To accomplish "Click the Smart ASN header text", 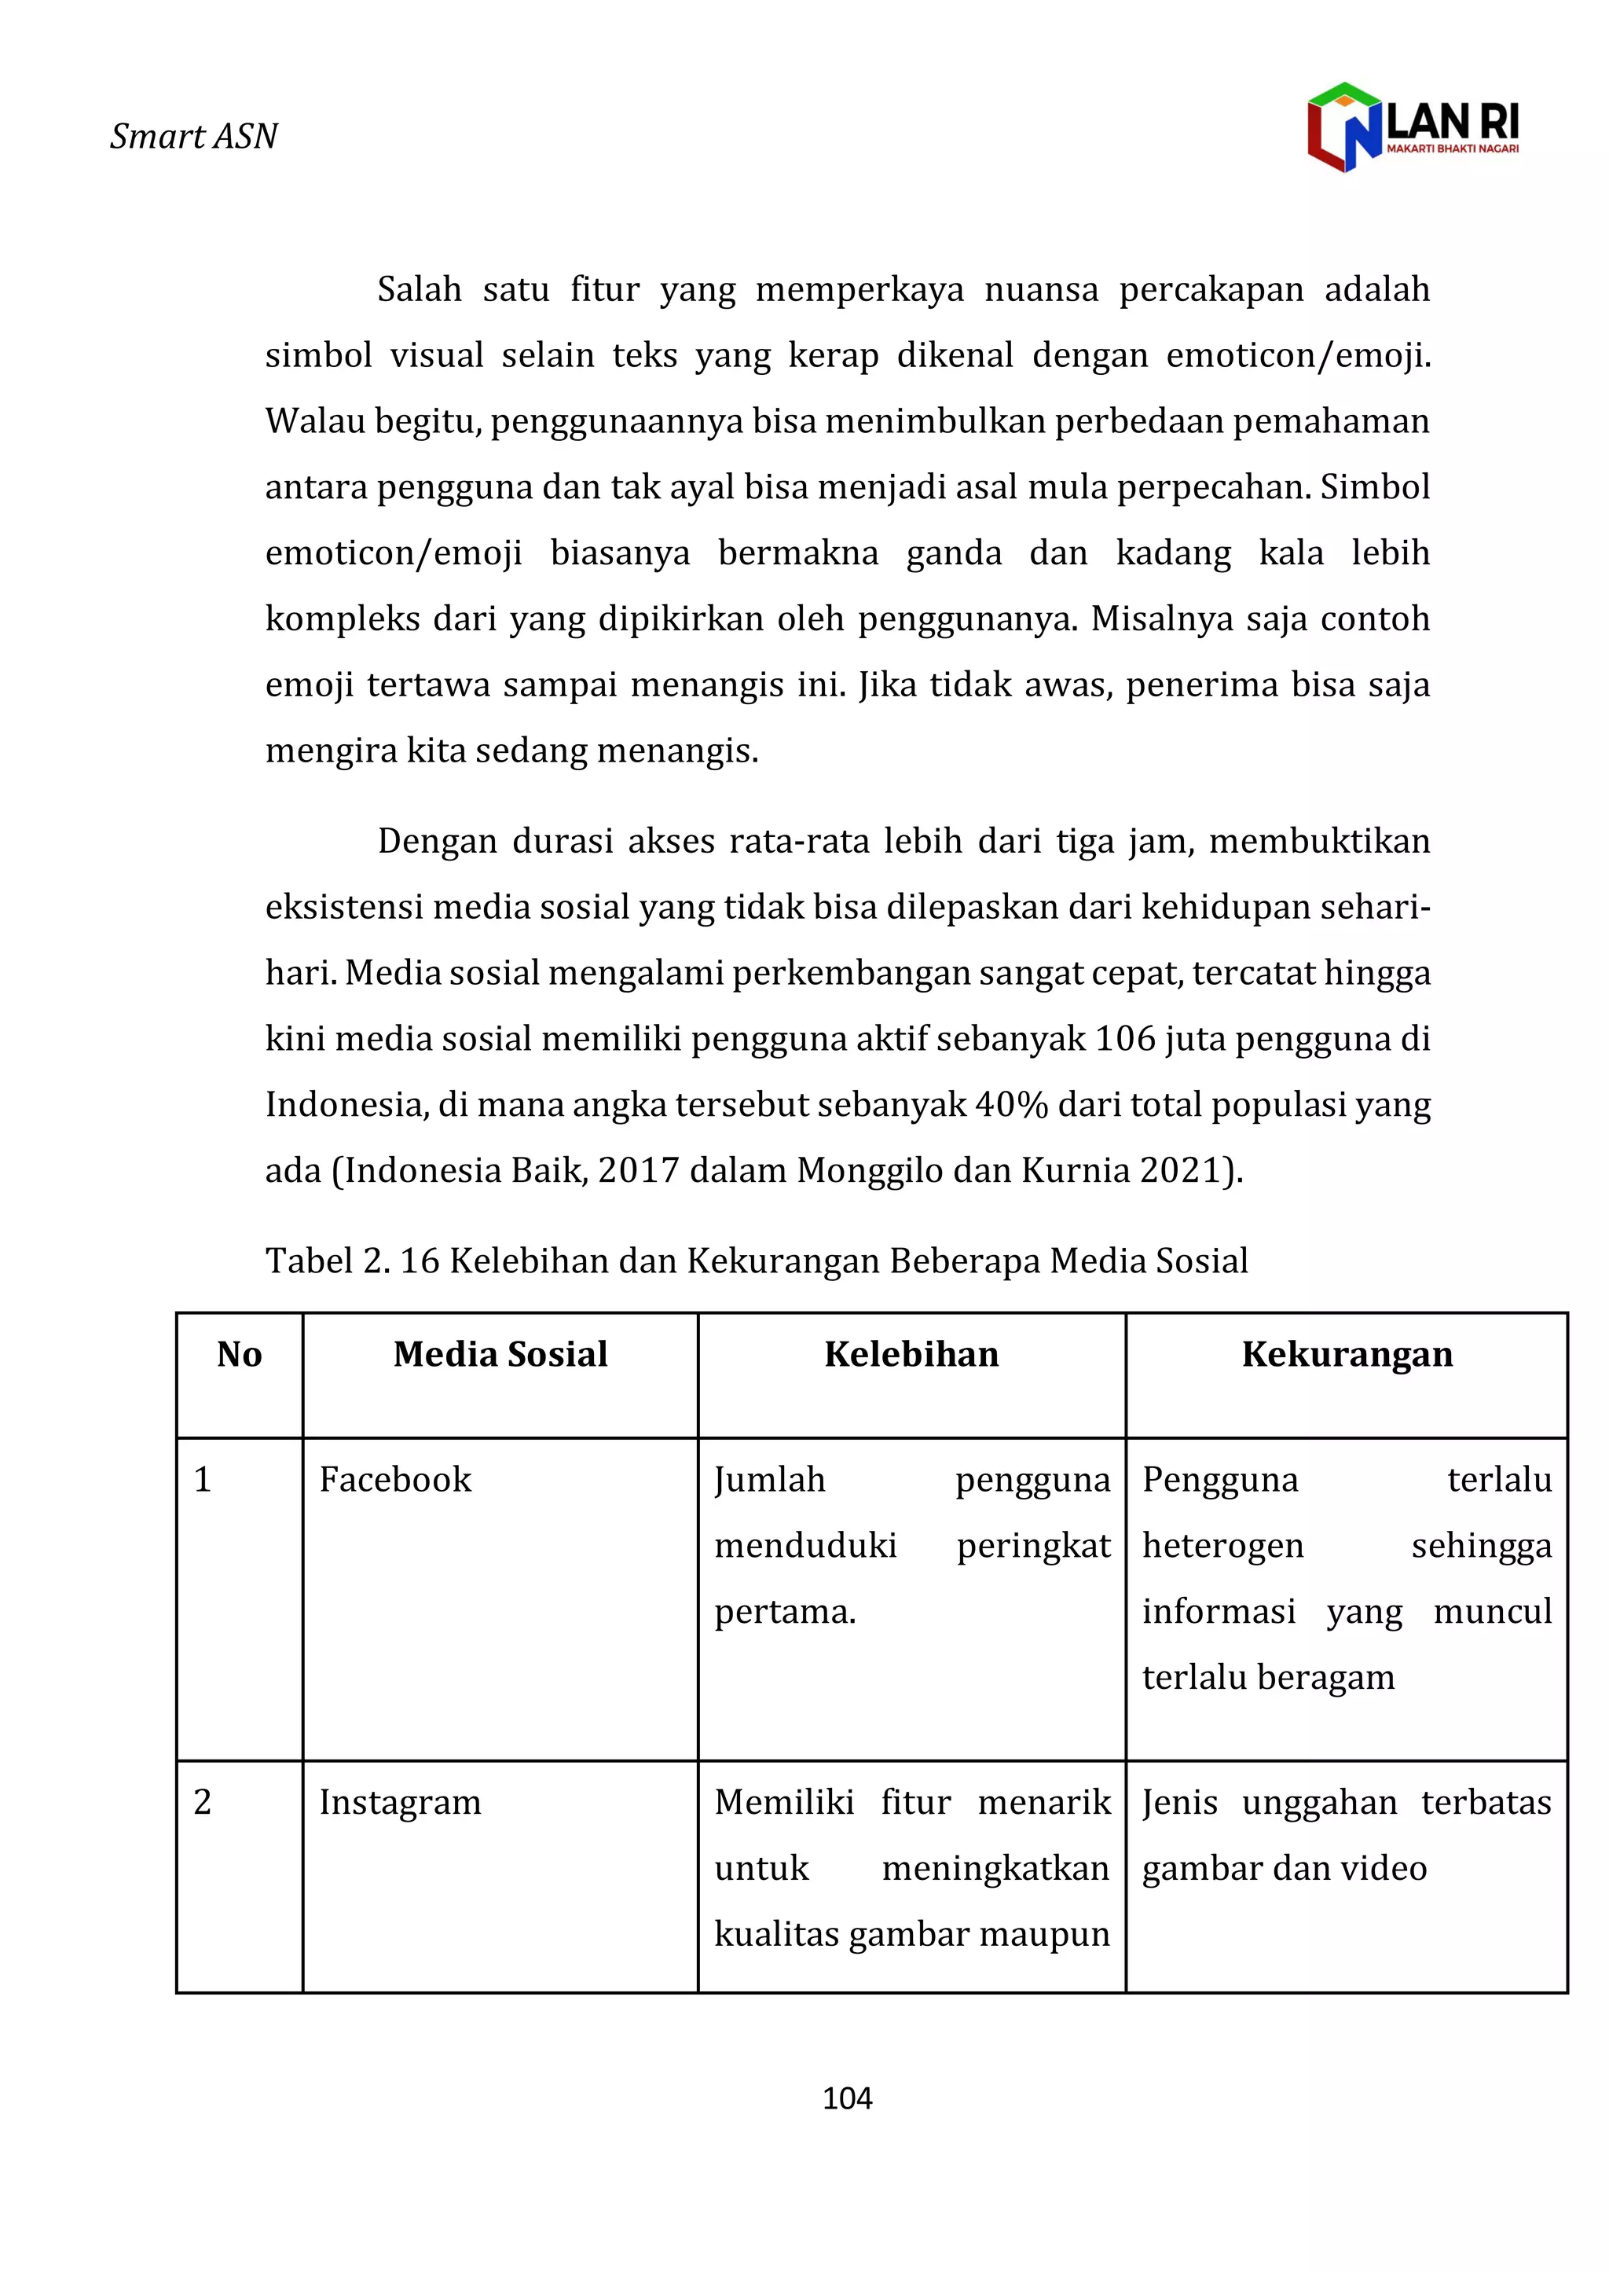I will click(x=193, y=136).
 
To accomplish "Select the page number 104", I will click(x=847, y=2098).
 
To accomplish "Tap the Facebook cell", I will click(x=395, y=1479).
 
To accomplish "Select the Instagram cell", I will click(x=399, y=1801).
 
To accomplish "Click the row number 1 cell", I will click(x=203, y=1479).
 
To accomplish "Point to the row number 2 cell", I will click(x=203, y=1801).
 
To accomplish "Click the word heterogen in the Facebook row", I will click(x=1222, y=1546).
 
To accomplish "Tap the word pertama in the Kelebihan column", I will click(x=784, y=1611).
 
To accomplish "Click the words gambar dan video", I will click(x=1284, y=1868).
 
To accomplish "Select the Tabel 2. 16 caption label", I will click(x=352, y=1261).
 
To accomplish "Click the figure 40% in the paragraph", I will click(x=1010, y=1104).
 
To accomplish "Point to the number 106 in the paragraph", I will click(x=1126, y=1038).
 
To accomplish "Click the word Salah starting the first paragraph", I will click(x=419, y=289).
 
